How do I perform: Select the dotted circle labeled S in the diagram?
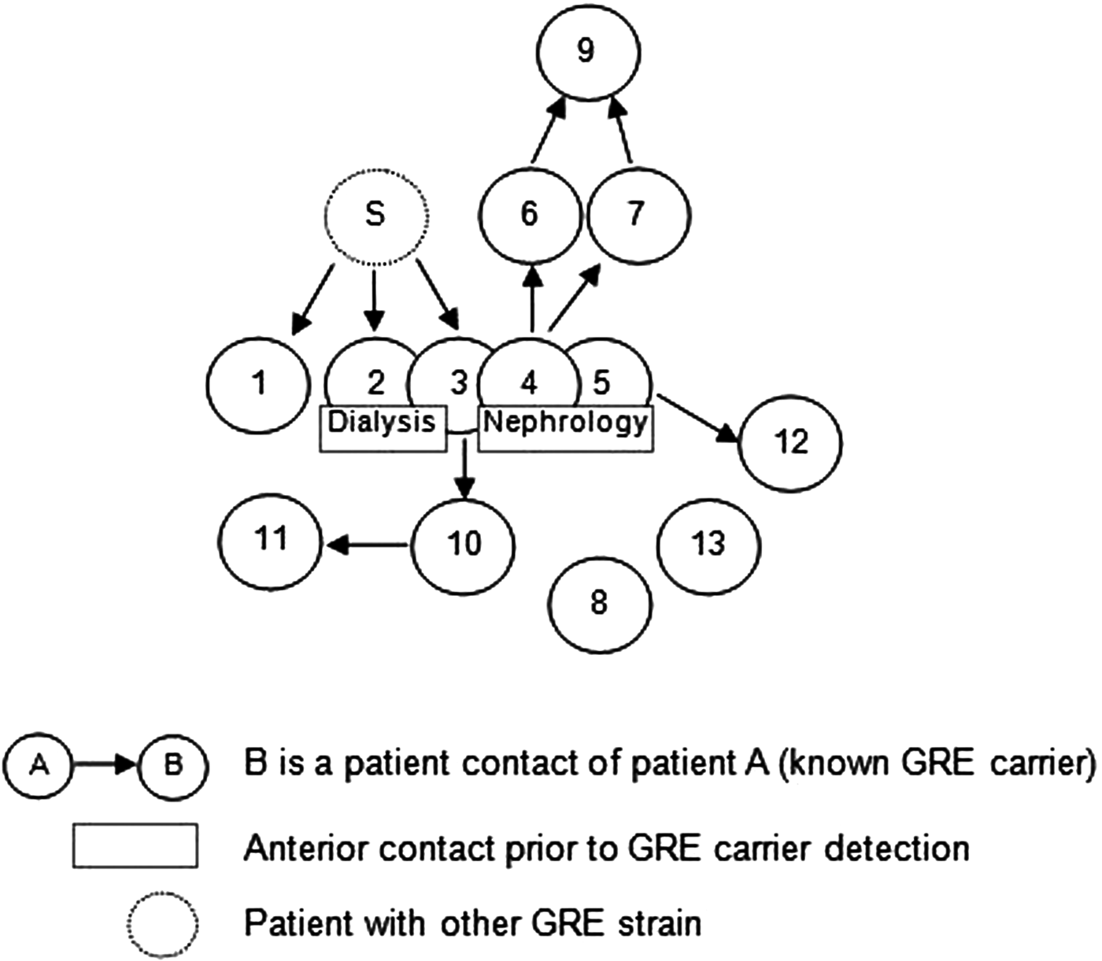click(x=376, y=215)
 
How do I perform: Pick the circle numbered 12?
click(x=790, y=442)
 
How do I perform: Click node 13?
click(x=708, y=544)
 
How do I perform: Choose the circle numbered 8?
click(x=600, y=604)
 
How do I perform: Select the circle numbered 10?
click(x=464, y=544)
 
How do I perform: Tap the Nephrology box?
click(x=565, y=429)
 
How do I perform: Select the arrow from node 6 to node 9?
click(x=549, y=132)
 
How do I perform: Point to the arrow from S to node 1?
click(x=313, y=299)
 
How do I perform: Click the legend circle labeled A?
click(x=39, y=764)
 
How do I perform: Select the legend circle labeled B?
click(x=172, y=764)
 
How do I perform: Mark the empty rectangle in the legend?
click(x=135, y=846)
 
